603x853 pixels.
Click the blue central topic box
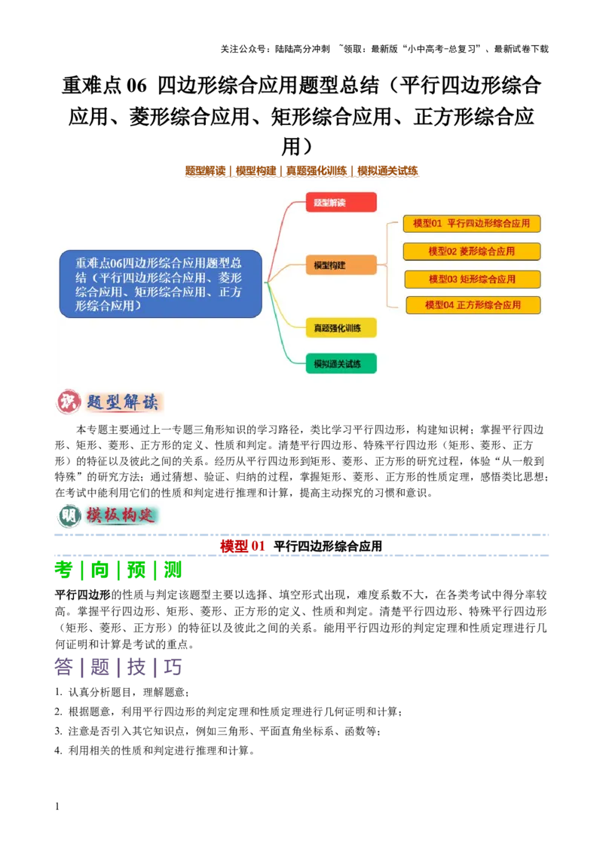161,284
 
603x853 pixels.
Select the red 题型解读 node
341,203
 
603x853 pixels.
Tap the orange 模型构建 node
341,265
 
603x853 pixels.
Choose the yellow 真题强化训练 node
341,328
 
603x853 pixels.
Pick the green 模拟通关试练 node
341,364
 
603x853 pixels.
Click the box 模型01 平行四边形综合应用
472,224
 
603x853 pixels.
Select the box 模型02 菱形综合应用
472,252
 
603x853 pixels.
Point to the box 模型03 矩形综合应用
473,279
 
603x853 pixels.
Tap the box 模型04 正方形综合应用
473,305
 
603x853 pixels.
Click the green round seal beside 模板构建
69,516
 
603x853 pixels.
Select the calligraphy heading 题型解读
123,403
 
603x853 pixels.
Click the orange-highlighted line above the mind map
301,171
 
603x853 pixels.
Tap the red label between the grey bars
241,546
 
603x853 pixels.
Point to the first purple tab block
64,668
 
